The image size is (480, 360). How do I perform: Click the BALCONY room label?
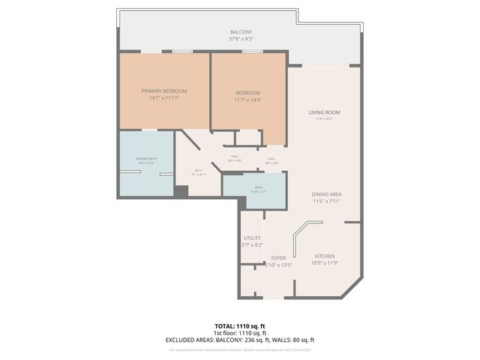(x=240, y=31)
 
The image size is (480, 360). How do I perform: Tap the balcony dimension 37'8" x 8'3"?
(x=240, y=39)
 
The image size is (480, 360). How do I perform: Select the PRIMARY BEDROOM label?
(x=164, y=91)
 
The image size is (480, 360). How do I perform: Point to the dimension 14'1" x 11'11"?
(x=164, y=98)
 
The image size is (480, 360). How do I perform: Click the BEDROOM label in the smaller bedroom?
(x=247, y=93)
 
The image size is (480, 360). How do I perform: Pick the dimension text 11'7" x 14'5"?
(x=247, y=100)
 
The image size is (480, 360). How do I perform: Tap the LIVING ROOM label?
(x=324, y=112)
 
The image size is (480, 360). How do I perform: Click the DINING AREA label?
(x=327, y=194)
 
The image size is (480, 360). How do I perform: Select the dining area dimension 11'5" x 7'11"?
(x=327, y=202)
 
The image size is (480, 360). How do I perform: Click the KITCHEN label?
(x=324, y=256)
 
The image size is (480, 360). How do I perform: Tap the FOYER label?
(x=279, y=257)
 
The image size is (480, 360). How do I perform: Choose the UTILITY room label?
(x=252, y=238)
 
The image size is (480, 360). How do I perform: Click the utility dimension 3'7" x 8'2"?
(x=252, y=245)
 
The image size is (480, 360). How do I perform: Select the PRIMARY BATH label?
(x=146, y=160)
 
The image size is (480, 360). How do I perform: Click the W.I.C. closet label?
(x=199, y=170)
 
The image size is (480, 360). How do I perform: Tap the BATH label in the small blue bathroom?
(x=258, y=187)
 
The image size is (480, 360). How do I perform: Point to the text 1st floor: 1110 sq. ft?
(x=240, y=333)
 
